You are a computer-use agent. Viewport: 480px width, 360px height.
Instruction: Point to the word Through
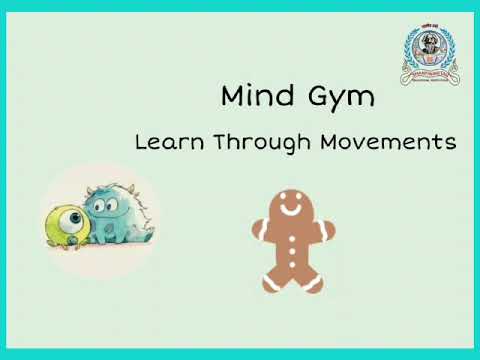252,143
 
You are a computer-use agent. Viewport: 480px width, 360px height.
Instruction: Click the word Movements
388,142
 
